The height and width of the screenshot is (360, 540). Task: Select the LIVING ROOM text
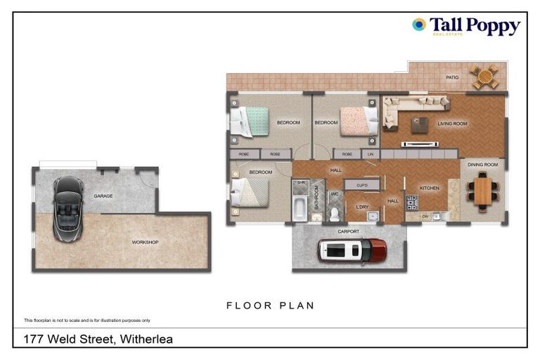pos(452,124)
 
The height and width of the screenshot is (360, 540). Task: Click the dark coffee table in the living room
pos(419,124)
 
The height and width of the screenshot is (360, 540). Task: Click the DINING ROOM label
pos(482,165)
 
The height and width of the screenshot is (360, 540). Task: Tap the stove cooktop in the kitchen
pos(413,202)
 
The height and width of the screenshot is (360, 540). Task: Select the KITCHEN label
pos(429,188)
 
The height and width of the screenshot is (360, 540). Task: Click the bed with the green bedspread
pos(250,121)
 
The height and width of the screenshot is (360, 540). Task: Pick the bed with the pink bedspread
pos(357,120)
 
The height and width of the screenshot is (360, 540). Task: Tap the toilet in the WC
pos(335,213)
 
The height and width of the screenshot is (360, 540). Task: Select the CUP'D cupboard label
pos(363,186)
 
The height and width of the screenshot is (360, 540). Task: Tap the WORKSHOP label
pos(145,243)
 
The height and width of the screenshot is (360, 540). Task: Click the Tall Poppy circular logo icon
pos(419,25)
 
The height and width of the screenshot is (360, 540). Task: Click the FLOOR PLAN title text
pos(270,306)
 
